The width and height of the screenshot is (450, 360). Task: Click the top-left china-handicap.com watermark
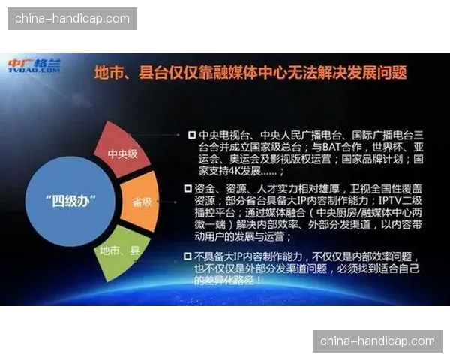tap(72, 18)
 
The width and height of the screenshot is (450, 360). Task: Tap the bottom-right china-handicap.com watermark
tap(377, 341)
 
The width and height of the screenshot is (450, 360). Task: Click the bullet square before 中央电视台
tap(191, 135)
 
